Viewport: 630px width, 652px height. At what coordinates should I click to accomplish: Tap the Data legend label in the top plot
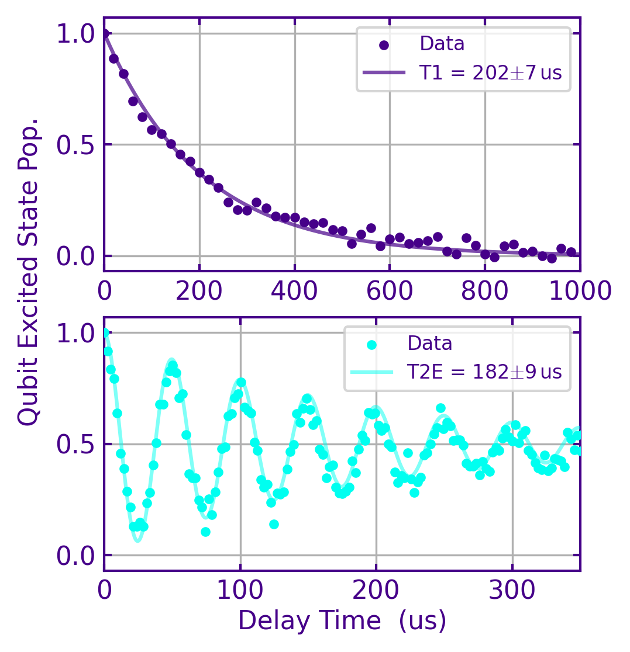[x=442, y=44]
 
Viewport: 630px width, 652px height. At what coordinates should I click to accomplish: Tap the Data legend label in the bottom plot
[x=430, y=344]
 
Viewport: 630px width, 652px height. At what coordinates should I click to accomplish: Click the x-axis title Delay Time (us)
[x=342, y=620]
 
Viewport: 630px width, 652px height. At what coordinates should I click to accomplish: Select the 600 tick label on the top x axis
[x=390, y=290]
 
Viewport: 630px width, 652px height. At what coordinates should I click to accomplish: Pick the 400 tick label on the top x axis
[x=294, y=290]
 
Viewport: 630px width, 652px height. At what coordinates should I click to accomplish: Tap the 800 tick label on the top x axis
[x=485, y=290]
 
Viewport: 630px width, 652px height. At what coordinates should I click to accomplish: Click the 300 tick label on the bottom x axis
[x=511, y=590]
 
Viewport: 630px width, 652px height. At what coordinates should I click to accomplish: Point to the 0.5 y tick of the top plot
[x=75, y=145]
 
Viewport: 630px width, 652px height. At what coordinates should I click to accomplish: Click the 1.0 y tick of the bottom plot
[x=75, y=333]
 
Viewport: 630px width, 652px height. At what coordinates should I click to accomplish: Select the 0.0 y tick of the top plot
[x=75, y=256]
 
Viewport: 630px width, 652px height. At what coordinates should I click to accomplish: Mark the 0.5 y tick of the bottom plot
[x=75, y=444]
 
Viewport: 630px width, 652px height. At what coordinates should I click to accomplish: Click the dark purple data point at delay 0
[x=105, y=34]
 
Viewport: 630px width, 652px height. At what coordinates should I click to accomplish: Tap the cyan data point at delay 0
[x=105, y=333]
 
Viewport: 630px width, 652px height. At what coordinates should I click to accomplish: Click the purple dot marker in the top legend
[x=384, y=45]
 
